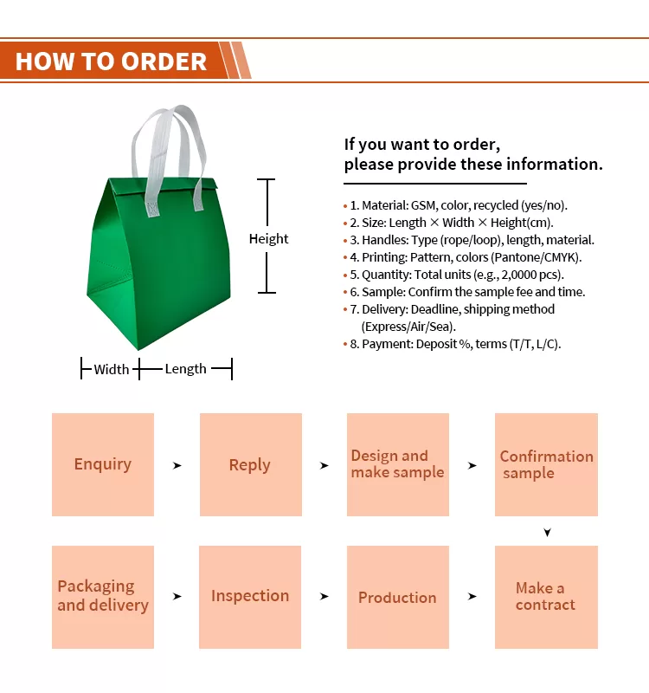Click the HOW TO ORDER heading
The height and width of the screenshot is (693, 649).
111,62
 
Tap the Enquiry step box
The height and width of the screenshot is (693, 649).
103,464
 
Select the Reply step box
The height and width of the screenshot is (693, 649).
250,464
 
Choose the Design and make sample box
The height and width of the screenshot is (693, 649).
397,464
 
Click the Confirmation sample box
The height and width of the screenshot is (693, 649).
546,464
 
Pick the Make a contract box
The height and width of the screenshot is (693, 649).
546,597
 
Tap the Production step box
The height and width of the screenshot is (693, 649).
397,597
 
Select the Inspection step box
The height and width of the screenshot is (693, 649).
250,597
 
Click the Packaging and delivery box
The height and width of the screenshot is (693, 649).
103,597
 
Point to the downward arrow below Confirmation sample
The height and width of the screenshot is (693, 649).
547,532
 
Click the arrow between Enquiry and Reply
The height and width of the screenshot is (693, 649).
177,465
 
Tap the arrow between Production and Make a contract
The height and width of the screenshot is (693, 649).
472,597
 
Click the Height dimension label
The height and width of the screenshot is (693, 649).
268,239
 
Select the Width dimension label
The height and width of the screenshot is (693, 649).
112,370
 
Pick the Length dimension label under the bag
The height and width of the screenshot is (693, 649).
185,369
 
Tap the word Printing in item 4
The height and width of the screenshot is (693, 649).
383,257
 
